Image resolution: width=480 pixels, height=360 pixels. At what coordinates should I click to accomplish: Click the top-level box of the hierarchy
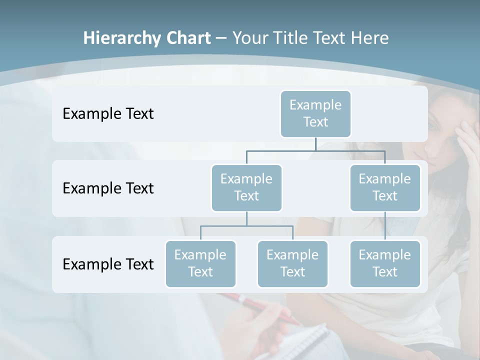315,114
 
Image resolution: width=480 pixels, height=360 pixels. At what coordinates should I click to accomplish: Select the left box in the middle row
246,187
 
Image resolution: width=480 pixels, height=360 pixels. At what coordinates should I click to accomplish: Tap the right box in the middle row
385,187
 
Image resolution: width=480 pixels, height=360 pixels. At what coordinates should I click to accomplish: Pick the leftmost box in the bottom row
200,263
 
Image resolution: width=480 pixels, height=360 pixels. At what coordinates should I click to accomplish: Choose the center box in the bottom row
292,263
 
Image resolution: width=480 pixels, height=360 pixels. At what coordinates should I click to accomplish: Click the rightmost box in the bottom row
385,263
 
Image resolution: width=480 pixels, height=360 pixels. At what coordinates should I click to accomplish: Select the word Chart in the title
187,38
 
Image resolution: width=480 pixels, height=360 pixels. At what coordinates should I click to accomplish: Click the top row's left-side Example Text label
108,114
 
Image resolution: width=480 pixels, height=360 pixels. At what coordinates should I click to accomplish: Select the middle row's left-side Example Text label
108,188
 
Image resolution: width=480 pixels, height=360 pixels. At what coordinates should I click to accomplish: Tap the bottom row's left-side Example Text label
108,264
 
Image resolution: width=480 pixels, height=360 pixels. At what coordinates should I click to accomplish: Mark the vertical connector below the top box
315,144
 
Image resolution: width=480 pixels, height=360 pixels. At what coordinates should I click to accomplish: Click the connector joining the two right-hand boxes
385,226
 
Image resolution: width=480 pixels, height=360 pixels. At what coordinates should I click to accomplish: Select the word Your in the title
250,38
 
